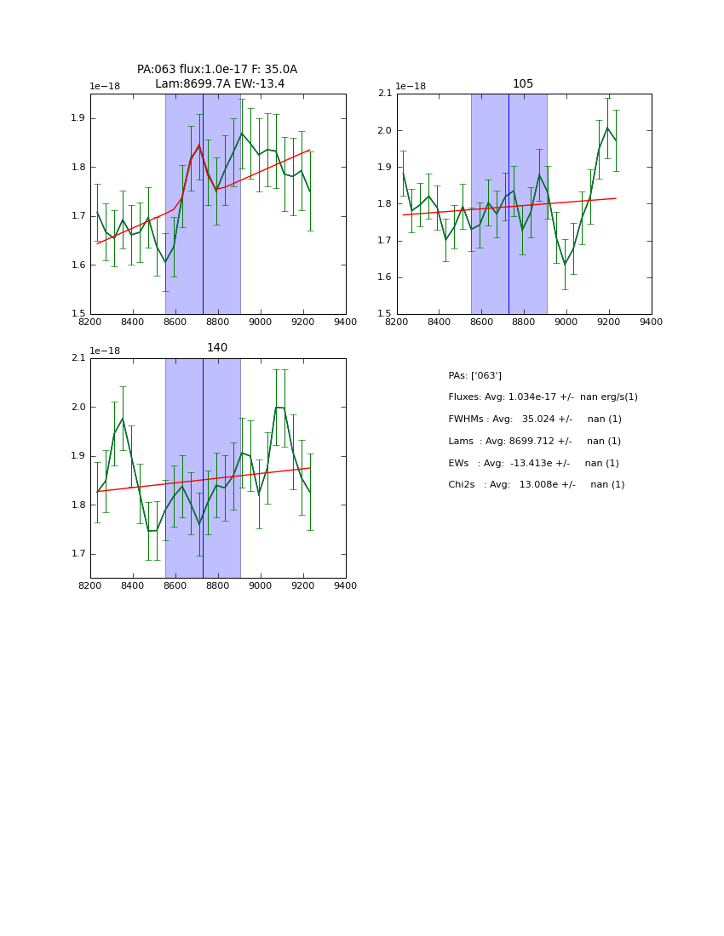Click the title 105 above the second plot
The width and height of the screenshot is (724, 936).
523,84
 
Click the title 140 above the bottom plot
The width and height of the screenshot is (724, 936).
217,348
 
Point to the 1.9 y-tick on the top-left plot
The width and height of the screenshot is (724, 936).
78,118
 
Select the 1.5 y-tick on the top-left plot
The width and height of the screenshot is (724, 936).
78,314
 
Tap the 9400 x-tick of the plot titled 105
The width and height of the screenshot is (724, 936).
651,322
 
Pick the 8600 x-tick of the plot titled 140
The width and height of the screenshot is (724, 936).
175,585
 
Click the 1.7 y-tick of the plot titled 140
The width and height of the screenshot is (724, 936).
78,554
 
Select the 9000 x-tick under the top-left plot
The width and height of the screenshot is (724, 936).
261,322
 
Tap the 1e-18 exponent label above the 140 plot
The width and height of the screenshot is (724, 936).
105,351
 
